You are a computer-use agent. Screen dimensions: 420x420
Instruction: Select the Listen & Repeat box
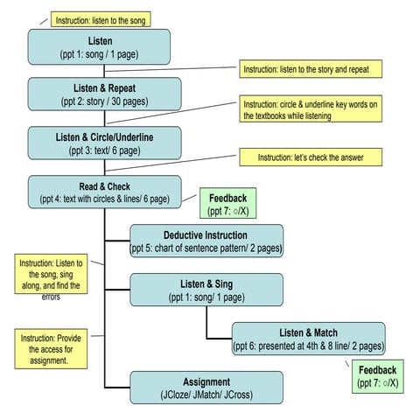[105, 94]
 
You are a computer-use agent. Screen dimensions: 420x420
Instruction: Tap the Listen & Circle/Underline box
[105, 143]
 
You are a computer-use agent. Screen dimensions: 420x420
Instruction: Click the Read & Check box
[105, 192]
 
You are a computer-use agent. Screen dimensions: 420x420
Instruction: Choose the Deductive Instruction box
[206, 241]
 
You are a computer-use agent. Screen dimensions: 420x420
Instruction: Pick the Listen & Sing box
[206, 290]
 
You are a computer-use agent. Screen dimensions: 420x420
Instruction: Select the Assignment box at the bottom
[206, 388]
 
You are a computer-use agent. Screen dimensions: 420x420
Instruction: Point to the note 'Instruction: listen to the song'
[101, 19]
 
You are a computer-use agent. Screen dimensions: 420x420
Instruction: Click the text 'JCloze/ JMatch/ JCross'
[206, 395]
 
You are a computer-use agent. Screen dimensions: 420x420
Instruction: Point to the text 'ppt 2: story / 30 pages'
[105, 101]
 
